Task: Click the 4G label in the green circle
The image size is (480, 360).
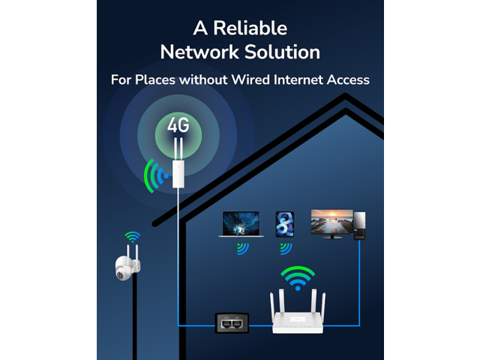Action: click(178, 124)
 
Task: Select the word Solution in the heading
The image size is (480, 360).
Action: click(283, 52)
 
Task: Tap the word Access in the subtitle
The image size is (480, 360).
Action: click(348, 79)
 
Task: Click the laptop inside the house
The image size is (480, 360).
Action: click(240, 224)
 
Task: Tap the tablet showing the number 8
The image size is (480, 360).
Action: click(285, 224)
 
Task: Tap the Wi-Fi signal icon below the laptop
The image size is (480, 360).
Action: click(241, 248)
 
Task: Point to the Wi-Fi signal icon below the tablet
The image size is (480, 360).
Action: click(284, 248)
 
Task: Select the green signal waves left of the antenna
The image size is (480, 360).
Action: click(154, 175)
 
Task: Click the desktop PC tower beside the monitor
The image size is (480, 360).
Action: click(359, 224)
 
